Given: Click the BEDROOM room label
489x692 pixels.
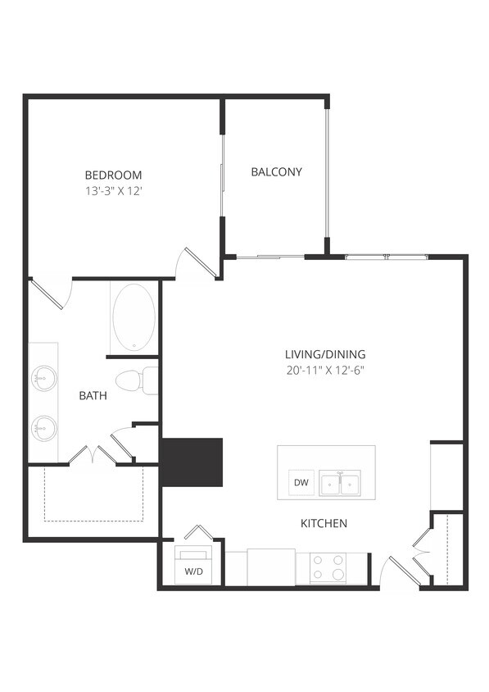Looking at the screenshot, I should pos(113,175).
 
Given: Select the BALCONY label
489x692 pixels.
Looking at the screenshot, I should pos(276,172).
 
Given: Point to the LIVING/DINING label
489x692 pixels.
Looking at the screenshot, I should pos(324,354).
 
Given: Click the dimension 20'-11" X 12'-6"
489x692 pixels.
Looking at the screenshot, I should pos(324,369).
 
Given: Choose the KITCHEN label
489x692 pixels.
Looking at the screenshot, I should pos(324,523).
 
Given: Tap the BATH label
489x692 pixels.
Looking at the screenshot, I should pos(93,396).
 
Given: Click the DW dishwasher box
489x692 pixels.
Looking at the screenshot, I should pos(301,483).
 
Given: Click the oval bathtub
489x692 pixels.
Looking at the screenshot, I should pos(133,318).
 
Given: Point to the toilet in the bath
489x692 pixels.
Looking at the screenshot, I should pos(134,381).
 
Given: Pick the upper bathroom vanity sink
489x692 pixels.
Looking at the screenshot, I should pos(43,379).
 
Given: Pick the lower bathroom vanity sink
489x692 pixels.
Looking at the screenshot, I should pos(43,427).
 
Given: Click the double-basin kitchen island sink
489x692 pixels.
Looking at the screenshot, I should pos(339,484).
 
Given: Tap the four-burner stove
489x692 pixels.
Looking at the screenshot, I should pos(328,567).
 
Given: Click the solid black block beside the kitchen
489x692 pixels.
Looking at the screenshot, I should pos(192,462).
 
